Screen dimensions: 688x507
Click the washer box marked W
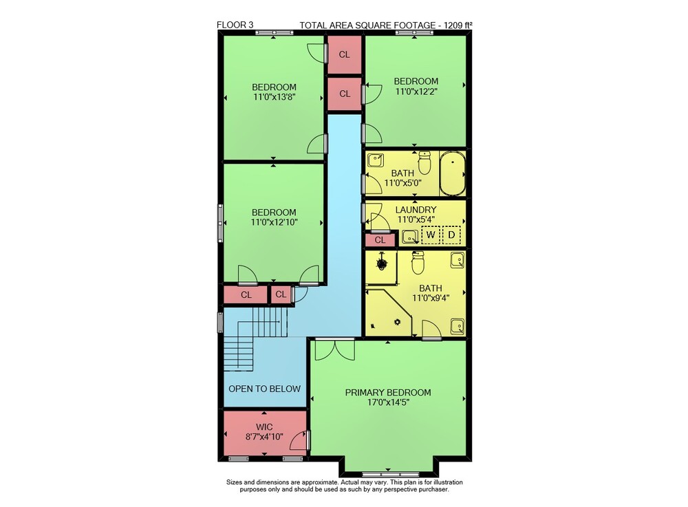pyautogui.click(x=431, y=235)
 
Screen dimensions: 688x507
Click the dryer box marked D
pyautogui.click(x=451, y=235)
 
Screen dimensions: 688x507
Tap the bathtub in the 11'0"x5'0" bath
pyautogui.click(x=453, y=173)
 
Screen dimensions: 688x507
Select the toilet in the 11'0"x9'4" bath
pyautogui.click(x=418, y=263)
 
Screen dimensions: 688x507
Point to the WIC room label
pyautogui.click(x=264, y=427)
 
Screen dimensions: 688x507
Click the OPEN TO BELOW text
pyautogui.click(x=264, y=389)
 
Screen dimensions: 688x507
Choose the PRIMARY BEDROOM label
pyautogui.click(x=388, y=393)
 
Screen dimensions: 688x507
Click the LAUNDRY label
pyautogui.click(x=416, y=210)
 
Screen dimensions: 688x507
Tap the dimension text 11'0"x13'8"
pyautogui.click(x=275, y=97)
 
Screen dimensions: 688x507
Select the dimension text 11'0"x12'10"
pyautogui.click(x=275, y=222)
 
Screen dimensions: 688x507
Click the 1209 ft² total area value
pyautogui.click(x=458, y=25)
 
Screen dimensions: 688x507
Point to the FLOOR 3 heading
pyautogui.click(x=235, y=25)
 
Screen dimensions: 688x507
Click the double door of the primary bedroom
pyautogui.click(x=335, y=350)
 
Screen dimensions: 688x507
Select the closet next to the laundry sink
pyautogui.click(x=380, y=240)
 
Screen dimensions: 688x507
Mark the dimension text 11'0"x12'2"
pyautogui.click(x=416, y=91)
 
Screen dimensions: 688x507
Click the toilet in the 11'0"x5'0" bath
pyautogui.click(x=424, y=163)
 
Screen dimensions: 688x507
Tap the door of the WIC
pyautogui.click(x=299, y=440)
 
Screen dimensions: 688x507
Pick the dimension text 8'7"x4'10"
pyautogui.click(x=264, y=437)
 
